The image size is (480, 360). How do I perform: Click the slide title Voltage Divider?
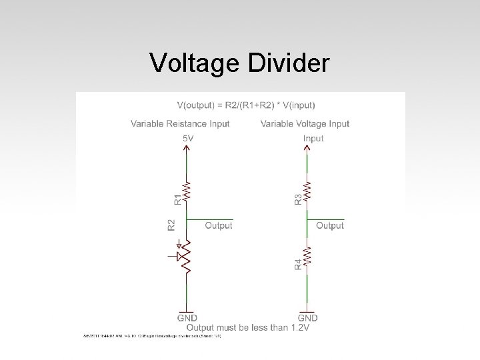point(239,63)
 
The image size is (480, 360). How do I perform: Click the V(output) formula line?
point(246,105)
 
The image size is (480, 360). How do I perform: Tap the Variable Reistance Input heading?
point(180,123)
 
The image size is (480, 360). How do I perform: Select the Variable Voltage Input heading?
point(305,123)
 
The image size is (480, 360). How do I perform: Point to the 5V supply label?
point(188,138)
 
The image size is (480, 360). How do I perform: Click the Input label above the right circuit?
point(313,138)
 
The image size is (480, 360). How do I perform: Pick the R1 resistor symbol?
point(188,191)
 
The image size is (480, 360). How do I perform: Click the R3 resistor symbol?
point(307,191)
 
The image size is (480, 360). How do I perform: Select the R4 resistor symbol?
point(307,257)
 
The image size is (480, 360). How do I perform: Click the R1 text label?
point(177,198)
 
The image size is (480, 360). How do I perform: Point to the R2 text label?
point(171,225)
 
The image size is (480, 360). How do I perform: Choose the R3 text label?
point(297,199)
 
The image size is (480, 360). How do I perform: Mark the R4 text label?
point(297,265)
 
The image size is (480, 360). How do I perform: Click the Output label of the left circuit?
point(219,226)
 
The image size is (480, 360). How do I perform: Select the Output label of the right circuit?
point(330,226)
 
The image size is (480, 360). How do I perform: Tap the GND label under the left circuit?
point(187,318)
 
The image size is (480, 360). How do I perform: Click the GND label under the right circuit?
point(307,318)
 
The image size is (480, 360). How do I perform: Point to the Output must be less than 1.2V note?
point(248,327)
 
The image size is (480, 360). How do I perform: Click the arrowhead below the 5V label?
point(188,148)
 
